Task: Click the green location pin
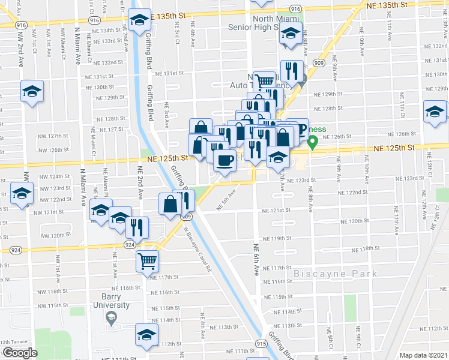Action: click(x=312, y=143)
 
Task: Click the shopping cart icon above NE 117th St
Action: click(x=147, y=262)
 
